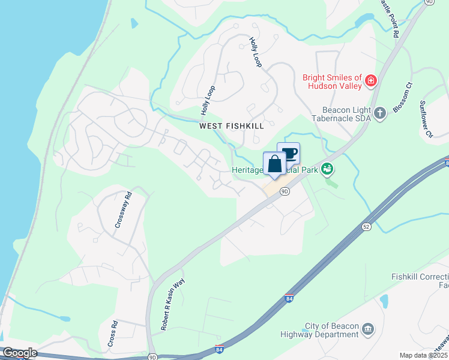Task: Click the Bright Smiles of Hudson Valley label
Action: pos(332,82)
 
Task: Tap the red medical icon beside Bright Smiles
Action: pos(371,80)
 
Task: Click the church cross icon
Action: pos(379,112)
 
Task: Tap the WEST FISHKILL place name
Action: pos(232,126)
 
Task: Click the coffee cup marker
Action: pos(289,154)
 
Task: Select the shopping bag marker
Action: pos(274,164)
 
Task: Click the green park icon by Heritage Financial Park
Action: pos(327,169)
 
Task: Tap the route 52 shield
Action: pos(366,227)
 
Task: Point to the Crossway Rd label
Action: pos(123,209)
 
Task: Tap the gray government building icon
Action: pos(368,328)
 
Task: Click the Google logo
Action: pos(20,353)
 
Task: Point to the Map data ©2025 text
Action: pos(423,355)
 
